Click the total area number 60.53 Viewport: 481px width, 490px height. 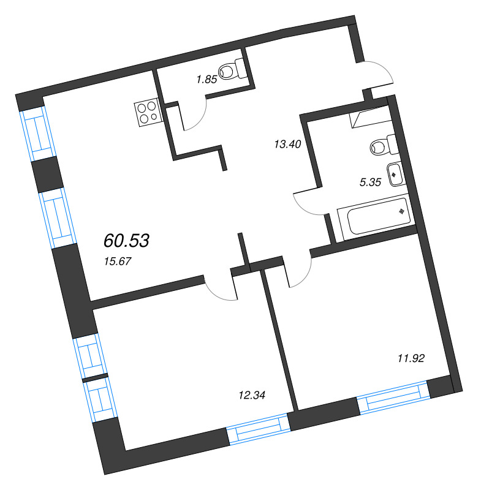point(127,240)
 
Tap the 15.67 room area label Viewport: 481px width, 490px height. point(119,261)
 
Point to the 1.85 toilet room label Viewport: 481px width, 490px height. point(206,78)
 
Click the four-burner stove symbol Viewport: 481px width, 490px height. point(147,112)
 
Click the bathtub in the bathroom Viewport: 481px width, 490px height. point(374,217)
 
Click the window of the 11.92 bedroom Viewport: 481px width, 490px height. point(392,398)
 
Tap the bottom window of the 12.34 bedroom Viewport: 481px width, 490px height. point(257,429)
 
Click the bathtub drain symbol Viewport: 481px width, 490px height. point(402,212)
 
